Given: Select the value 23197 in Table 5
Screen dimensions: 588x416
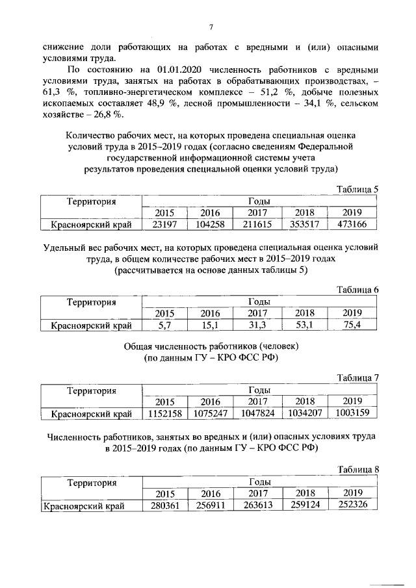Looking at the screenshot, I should click(165, 225).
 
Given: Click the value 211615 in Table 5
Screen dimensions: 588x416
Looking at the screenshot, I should click(257, 225).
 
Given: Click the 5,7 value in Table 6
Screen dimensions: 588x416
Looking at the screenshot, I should click(165, 325).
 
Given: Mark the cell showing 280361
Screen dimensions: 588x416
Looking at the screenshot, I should click(165, 505).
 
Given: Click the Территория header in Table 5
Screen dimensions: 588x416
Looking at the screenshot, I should click(91, 201).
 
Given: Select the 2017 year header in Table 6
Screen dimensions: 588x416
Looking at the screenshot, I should click(257, 313).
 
